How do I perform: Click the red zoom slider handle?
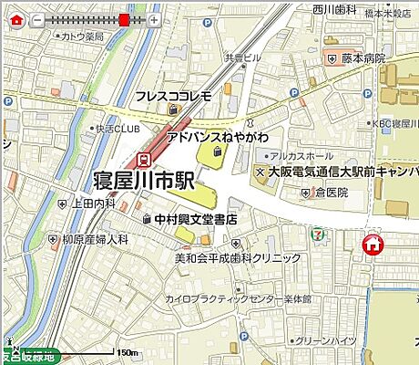point(124,19)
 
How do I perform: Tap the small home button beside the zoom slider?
point(15,20)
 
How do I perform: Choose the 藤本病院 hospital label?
point(363,58)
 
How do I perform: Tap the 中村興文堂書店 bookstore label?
point(196,219)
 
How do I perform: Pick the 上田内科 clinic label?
point(93,203)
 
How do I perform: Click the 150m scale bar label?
point(127,351)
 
